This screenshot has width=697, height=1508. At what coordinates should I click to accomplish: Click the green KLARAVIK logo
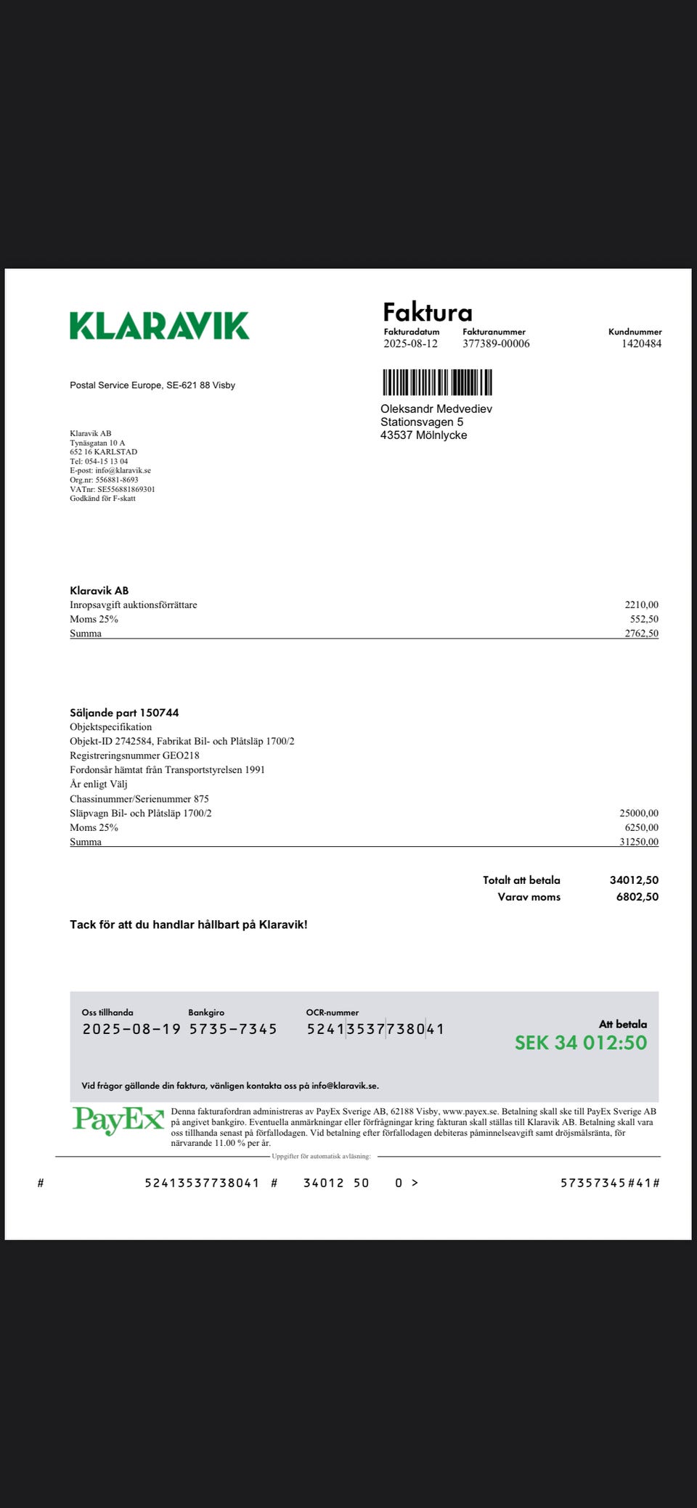(x=159, y=326)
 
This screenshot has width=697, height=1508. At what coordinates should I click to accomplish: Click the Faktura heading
(x=427, y=312)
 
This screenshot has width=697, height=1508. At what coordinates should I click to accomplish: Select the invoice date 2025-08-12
(x=410, y=344)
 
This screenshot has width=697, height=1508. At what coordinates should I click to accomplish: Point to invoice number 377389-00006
(x=496, y=344)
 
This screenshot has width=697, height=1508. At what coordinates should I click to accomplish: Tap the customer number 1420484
(x=641, y=344)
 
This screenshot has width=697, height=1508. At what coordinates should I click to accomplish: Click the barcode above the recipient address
(x=437, y=382)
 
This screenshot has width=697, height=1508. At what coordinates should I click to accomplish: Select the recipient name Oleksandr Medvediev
(x=436, y=409)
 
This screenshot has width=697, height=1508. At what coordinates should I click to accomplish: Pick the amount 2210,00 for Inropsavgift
(x=641, y=605)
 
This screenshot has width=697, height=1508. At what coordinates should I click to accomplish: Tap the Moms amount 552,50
(x=644, y=619)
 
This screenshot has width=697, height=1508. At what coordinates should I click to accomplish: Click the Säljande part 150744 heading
(x=124, y=713)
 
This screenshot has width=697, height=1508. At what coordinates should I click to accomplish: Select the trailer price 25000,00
(x=639, y=814)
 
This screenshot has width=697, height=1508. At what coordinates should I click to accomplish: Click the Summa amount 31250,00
(x=639, y=842)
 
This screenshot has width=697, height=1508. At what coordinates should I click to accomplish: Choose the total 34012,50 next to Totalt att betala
(x=634, y=880)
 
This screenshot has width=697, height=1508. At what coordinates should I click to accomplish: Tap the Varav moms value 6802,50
(x=637, y=897)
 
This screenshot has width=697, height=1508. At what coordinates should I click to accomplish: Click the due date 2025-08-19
(x=131, y=1029)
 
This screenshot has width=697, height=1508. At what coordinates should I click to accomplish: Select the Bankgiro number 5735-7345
(x=233, y=1029)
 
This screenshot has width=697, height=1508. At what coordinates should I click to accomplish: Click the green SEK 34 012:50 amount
(x=580, y=1043)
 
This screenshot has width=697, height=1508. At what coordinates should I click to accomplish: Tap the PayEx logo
(x=118, y=1121)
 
